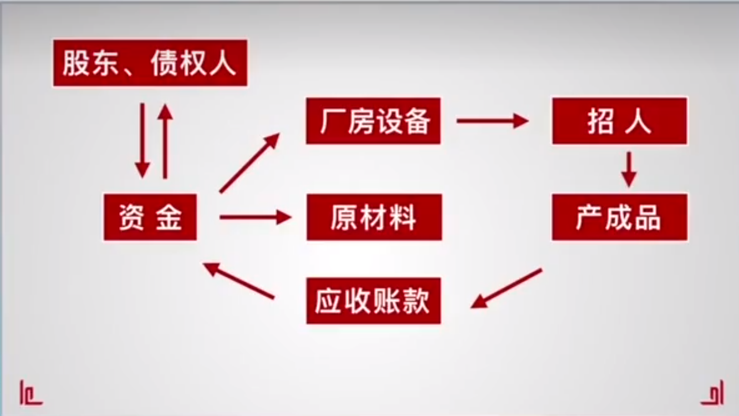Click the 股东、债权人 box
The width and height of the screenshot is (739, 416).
coord(150,63)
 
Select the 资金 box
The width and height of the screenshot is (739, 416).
coord(150,217)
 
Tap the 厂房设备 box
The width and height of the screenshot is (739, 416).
coord(373,121)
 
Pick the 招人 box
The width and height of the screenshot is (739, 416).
coord(620,121)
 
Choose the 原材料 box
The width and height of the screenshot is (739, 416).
coord(374,217)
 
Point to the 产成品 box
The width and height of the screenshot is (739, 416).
coord(620,217)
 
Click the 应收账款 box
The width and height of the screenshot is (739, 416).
coord(374,301)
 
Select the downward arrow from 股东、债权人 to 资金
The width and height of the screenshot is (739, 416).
coord(142,141)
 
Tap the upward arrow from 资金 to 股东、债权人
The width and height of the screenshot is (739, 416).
coord(165,141)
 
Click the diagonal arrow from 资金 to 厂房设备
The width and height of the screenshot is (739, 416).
coord(249,163)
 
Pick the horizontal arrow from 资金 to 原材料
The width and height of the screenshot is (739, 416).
coord(256,217)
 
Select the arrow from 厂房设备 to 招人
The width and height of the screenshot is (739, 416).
coord(492,121)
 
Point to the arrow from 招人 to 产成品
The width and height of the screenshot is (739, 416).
coord(629,170)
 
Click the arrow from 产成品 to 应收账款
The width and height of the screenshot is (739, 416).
coord(506,288)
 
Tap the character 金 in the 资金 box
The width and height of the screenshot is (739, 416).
coord(169,217)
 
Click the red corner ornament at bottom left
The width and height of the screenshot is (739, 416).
coord(30,393)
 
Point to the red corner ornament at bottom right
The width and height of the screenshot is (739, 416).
coord(712,393)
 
